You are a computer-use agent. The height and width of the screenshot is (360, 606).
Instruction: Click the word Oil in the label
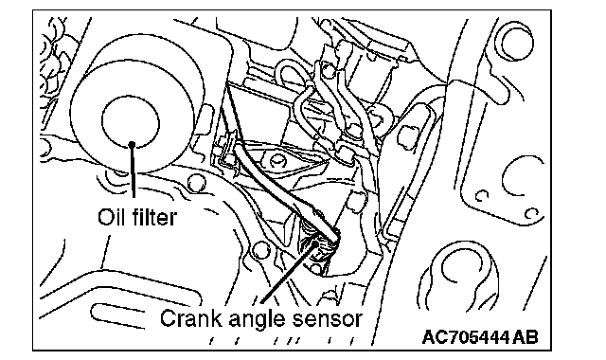pyautogui.click(x=111, y=217)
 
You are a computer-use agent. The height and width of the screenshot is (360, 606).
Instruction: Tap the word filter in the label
pyautogui.click(x=154, y=217)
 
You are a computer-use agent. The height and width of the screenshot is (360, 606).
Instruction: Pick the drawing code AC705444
pyautogui.click(x=465, y=337)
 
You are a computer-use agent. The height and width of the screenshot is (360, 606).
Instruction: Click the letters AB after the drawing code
pyautogui.click(x=526, y=337)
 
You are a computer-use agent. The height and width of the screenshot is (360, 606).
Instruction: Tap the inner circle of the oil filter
pyautogui.click(x=131, y=121)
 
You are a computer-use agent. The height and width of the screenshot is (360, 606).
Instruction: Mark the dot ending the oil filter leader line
pyautogui.click(x=132, y=145)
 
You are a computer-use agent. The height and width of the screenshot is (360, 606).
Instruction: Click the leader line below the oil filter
pyautogui.click(x=133, y=171)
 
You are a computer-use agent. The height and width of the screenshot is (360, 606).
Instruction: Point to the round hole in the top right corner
pyautogui.click(x=516, y=42)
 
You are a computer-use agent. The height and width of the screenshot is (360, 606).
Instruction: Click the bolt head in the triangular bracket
pyautogui.click(x=277, y=160)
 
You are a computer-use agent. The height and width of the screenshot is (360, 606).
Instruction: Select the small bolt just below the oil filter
pyautogui.click(x=196, y=183)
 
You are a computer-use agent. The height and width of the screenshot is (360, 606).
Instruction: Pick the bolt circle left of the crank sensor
pyautogui.click(x=260, y=250)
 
